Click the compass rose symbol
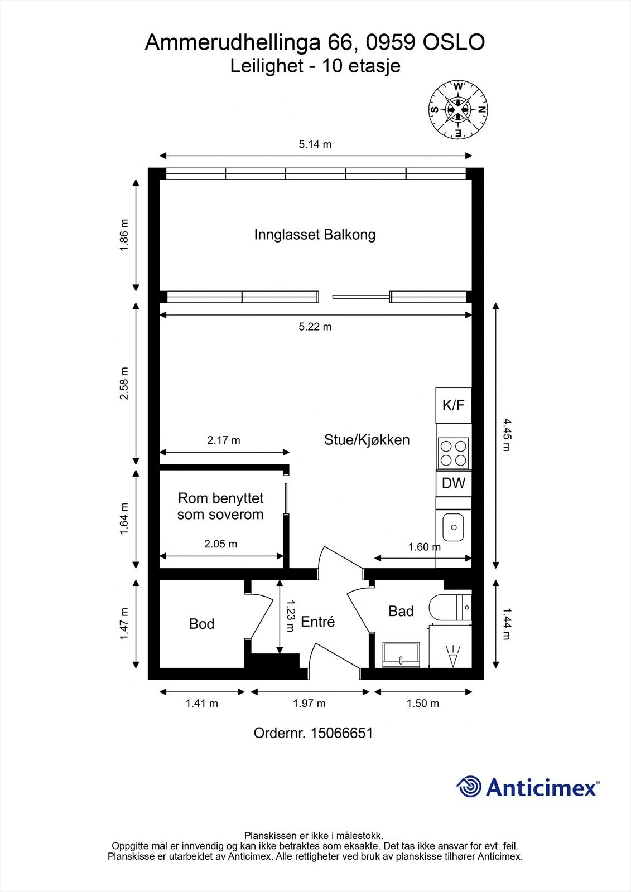pyautogui.click(x=459, y=109)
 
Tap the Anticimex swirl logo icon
pyautogui.click(x=469, y=787)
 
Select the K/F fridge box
pyautogui.click(x=454, y=405)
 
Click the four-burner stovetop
pyautogui.click(x=454, y=453)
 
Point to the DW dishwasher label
pyautogui.click(x=454, y=483)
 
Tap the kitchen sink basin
pyautogui.click(x=454, y=527)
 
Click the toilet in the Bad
pyautogui.click(x=450, y=608)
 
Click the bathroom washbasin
pyautogui.click(x=401, y=655)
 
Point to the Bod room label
pyautogui.click(x=202, y=624)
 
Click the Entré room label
pyautogui.click(x=317, y=622)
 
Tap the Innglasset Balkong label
pyautogui.click(x=315, y=235)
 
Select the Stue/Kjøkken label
pyautogui.click(x=367, y=440)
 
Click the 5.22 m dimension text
pyautogui.click(x=315, y=327)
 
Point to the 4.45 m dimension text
pyautogui.click(x=507, y=434)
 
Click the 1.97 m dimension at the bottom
pyautogui.click(x=309, y=704)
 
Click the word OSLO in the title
pyautogui.click(x=454, y=42)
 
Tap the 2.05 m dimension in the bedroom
pyautogui.click(x=221, y=544)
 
